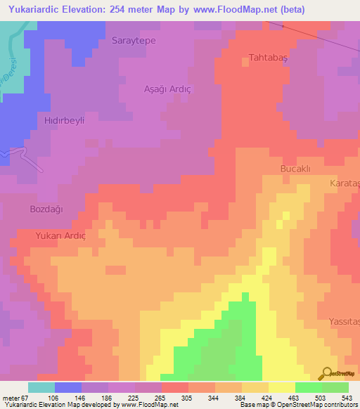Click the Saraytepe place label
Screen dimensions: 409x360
click(134, 40)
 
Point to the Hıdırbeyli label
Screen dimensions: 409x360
click(65, 120)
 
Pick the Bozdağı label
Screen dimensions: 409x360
click(46, 209)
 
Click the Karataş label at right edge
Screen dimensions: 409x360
click(345, 183)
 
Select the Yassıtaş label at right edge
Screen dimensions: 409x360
click(344, 321)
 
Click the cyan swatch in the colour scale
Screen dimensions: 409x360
click(41, 387)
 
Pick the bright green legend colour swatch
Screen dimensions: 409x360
click(308, 387)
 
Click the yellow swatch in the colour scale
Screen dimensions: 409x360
click(281, 387)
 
